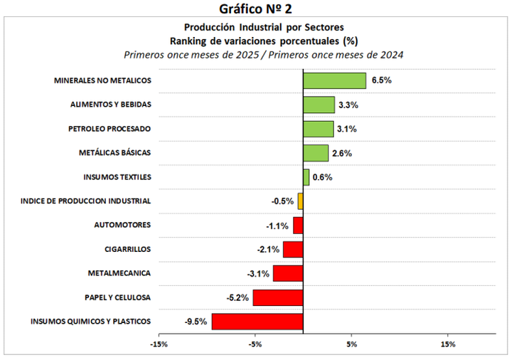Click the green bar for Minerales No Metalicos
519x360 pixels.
[334, 80]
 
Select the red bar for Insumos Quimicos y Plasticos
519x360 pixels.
[257, 322]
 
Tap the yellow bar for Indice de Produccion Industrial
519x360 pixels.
[301, 201]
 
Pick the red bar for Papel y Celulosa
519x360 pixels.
[278, 297]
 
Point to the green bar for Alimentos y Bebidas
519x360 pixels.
[319, 105]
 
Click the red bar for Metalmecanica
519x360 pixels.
[288, 273]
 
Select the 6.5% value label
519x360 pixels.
[381, 80]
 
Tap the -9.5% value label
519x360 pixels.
[196, 322]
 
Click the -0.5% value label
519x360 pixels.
[282, 201]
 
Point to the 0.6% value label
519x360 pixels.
[323, 177]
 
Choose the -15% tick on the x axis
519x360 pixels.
[159, 344]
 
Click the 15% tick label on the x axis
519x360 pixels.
[448, 344]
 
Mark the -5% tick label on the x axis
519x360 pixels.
[255, 344]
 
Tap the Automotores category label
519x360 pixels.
[122, 225]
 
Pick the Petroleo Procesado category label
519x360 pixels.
[109, 129]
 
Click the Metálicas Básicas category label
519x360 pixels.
[114, 153]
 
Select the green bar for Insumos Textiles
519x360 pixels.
[306, 177]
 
